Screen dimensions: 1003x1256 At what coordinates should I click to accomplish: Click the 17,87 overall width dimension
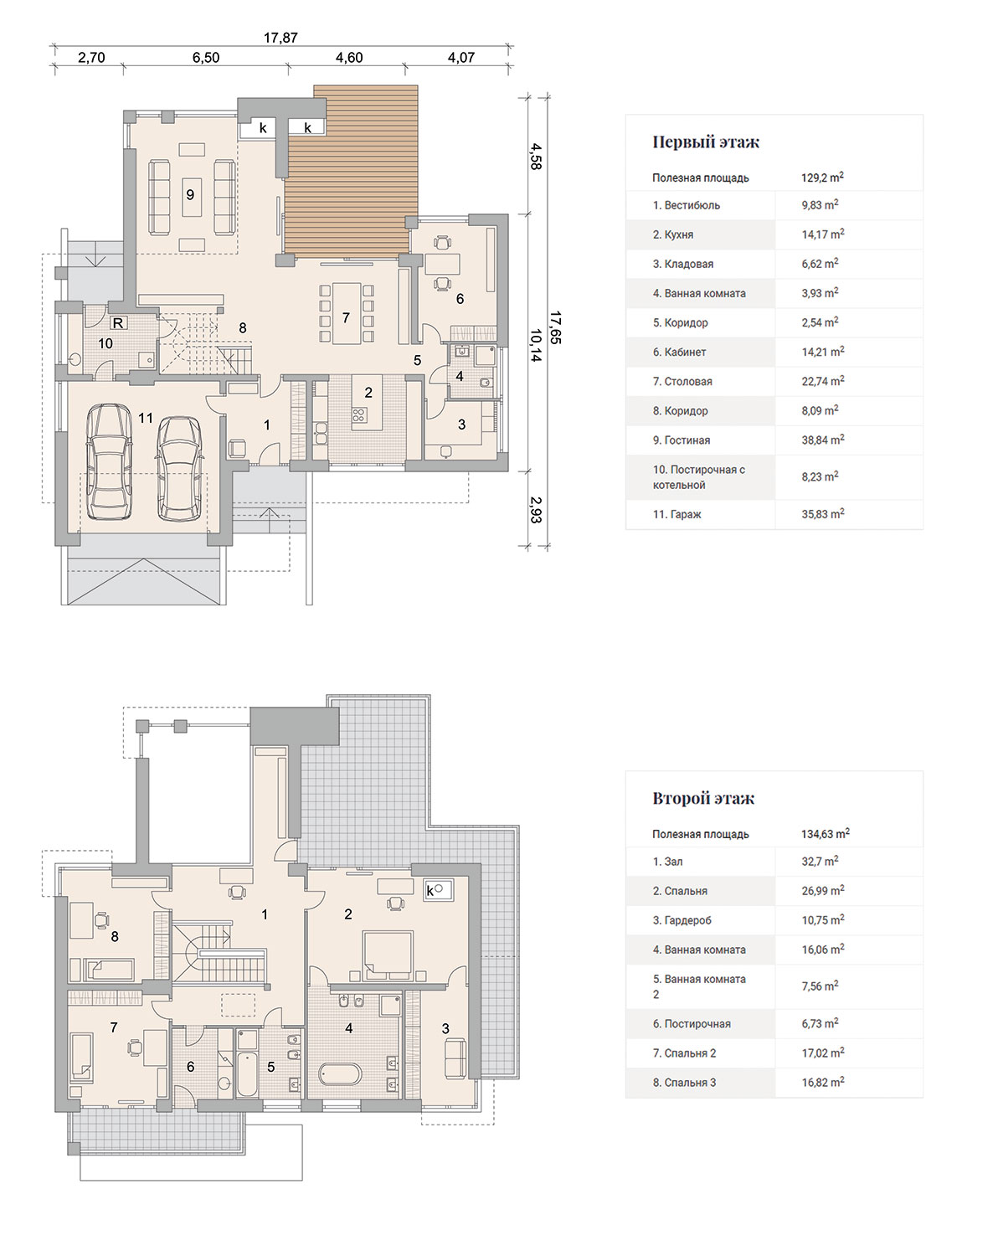point(280,38)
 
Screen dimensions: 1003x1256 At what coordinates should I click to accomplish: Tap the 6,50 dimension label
point(206,58)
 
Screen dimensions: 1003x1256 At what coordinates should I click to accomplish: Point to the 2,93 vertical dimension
point(536,510)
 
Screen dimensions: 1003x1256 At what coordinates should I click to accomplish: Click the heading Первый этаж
point(706,142)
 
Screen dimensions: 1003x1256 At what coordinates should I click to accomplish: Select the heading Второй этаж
point(703,798)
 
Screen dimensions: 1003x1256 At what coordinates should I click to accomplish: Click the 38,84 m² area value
point(823,440)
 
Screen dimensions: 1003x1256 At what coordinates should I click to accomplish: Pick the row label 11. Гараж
point(676,514)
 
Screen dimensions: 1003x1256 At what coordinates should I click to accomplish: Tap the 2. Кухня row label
point(673,234)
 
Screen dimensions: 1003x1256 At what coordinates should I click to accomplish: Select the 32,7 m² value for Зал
point(820,861)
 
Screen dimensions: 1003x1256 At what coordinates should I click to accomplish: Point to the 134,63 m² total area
point(825,833)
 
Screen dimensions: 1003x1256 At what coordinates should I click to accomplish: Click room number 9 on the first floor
point(190,195)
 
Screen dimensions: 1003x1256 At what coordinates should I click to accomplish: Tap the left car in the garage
point(109,461)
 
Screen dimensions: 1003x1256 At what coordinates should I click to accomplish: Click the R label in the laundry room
point(118,322)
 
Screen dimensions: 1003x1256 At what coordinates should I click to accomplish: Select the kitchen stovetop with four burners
point(359,415)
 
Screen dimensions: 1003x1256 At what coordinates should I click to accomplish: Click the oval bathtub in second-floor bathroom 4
point(340,1074)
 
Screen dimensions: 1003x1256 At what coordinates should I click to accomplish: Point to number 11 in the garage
point(146,418)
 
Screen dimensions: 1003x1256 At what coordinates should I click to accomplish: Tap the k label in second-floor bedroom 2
point(430,891)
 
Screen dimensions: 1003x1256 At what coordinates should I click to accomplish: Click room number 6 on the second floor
point(190,1067)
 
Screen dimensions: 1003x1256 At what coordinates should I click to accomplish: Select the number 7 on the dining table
point(346,317)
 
